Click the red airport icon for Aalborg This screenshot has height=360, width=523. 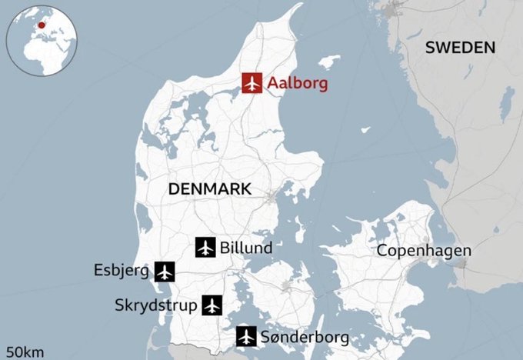click(252, 83)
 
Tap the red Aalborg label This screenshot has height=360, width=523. click(297, 84)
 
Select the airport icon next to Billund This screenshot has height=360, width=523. click(205, 247)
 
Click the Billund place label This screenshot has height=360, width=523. click(245, 248)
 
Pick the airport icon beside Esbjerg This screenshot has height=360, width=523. click(165, 271)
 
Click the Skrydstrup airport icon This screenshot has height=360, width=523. click(212, 305)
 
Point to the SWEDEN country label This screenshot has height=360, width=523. click(460, 47)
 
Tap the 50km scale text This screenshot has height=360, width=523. click(23, 352)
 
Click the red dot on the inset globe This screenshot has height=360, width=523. click(41, 24)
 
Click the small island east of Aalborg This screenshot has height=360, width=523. click(328, 61)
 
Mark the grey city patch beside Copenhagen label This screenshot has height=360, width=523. click(461, 263)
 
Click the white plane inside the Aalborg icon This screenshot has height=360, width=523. click(252, 83)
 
